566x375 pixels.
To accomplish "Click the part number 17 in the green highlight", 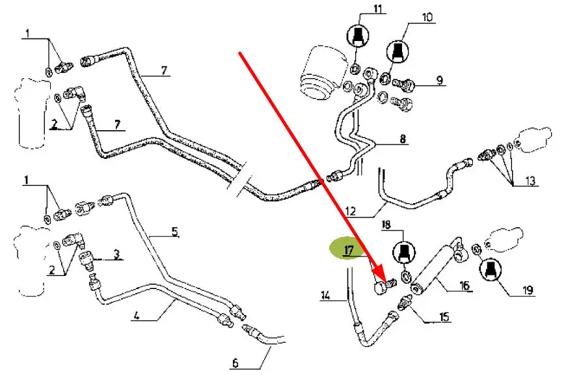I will (x=349, y=249).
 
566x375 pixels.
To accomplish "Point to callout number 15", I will (x=444, y=317).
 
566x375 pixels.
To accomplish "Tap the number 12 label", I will (x=350, y=210).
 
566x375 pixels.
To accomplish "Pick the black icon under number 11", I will (x=357, y=35).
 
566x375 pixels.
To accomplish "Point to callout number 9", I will (x=440, y=80).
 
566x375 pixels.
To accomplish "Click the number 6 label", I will (x=236, y=363).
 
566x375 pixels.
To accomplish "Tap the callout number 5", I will (x=174, y=231).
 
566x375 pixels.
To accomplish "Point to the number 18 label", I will (x=386, y=225).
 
